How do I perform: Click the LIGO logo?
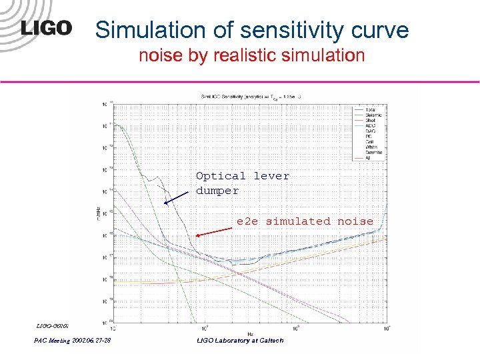pos(47,28)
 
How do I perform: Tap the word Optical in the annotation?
pos(221,176)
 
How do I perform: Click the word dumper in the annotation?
pos(217,191)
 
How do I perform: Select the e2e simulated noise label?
pos(305,221)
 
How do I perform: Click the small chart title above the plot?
pos(250,97)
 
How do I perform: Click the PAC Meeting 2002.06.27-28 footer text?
pos(73,341)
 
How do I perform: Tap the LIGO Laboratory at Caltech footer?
pos(240,341)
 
